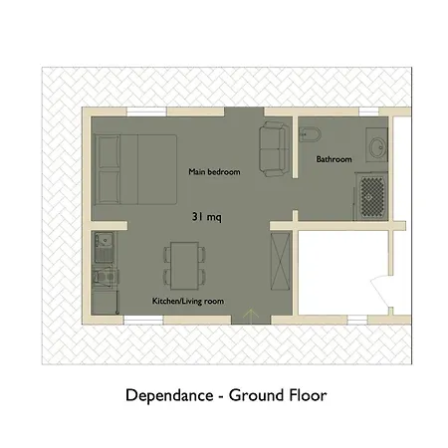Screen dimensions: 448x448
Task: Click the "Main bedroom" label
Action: [214, 172]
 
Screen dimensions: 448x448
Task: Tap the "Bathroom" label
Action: [334, 159]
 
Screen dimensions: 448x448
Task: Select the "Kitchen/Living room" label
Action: [188, 301]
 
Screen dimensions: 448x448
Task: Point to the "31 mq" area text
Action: [207, 217]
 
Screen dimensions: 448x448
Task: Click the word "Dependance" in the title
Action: [169, 395]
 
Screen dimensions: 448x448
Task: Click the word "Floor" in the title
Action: [308, 395]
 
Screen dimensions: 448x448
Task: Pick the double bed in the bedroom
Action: [135, 169]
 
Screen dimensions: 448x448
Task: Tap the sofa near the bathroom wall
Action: [272, 149]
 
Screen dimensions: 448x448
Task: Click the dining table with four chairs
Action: [184, 266]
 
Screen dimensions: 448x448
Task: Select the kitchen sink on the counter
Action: [105, 246]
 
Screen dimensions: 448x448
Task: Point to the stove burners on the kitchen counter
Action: [106, 277]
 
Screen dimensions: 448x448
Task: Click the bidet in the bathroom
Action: [310, 134]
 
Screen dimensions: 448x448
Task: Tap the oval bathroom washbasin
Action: [377, 147]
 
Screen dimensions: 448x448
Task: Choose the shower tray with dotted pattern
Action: [372, 197]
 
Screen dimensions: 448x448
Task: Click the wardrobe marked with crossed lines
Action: [281, 261]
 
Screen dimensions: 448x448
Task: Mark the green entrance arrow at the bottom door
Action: [251, 315]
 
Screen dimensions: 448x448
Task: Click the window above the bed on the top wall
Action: [146, 112]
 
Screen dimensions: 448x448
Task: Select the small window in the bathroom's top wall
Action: [368, 112]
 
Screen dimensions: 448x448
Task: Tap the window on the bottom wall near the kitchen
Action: [143, 320]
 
